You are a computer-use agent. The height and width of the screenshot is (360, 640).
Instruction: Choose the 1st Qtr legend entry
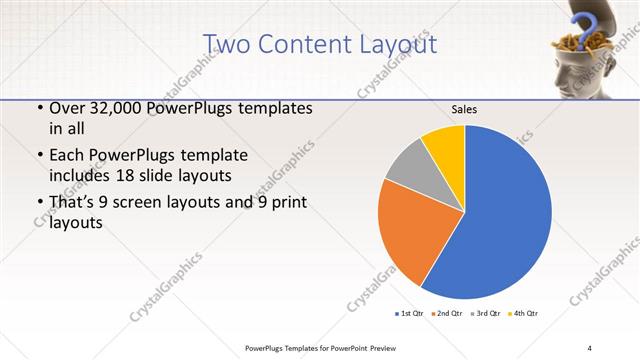tap(410, 314)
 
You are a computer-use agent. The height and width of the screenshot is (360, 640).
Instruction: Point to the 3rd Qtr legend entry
tap(484, 314)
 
